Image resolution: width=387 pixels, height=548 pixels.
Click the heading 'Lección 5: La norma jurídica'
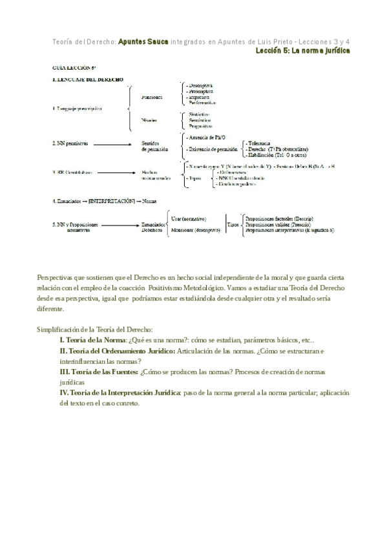[x=302, y=50]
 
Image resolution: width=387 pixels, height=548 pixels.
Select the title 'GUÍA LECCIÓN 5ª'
[x=74, y=67]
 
